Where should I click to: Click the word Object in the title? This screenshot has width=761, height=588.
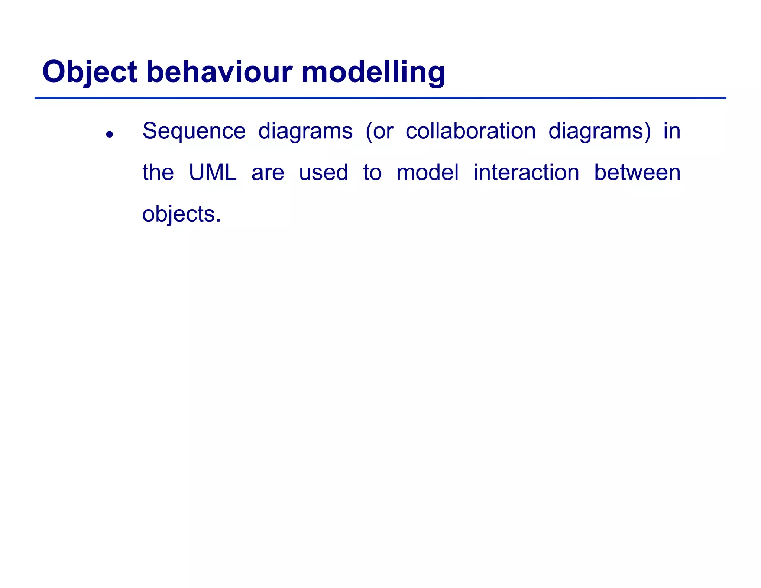pyautogui.click(x=90, y=72)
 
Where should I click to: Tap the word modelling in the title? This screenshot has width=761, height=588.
pyautogui.click(x=373, y=72)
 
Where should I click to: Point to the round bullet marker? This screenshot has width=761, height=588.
pyautogui.click(x=109, y=134)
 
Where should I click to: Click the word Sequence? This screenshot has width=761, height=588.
pyautogui.click(x=194, y=131)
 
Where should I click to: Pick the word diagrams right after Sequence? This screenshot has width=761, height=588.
pyautogui.click(x=305, y=132)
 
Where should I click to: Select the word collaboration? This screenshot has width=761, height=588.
pyautogui.click(x=470, y=131)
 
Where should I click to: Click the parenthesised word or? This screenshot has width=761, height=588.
pyautogui.click(x=380, y=132)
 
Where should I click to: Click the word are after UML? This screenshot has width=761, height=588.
pyautogui.click(x=268, y=173)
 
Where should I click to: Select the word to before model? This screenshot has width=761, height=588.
pyautogui.click(x=372, y=173)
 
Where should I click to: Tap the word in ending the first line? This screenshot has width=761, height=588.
pyautogui.click(x=672, y=131)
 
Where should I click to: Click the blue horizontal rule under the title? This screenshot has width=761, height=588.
pyautogui.click(x=380, y=98)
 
